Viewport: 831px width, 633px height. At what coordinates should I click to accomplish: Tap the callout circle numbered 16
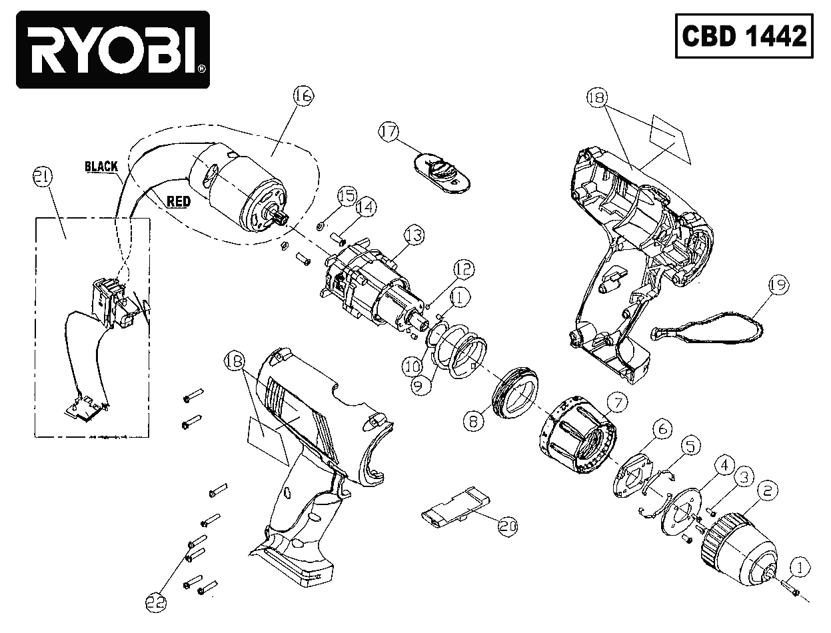pyautogui.click(x=303, y=97)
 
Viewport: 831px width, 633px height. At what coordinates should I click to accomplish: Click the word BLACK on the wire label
pyautogui.click(x=101, y=167)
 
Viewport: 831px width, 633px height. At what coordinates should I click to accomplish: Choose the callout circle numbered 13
pyautogui.click(x=414, y=235)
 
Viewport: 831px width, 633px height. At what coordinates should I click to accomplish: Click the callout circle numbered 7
pyautogui.click(x=616, y=402)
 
